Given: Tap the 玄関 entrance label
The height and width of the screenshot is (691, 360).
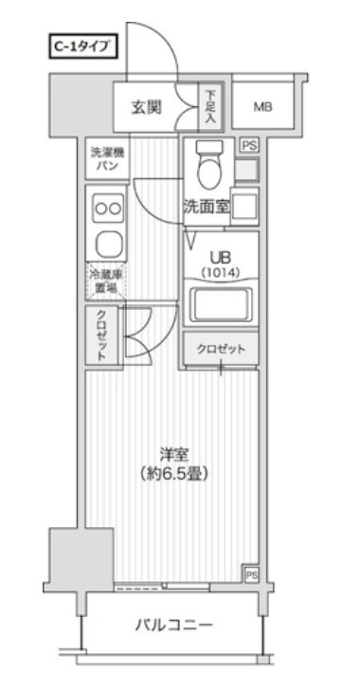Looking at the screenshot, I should pos(146,106).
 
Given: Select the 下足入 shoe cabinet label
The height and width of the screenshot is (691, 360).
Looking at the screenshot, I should pos(210,107).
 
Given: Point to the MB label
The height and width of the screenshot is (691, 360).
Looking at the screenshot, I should pos(262,107).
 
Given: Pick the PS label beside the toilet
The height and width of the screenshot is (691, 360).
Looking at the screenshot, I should pos(248,145).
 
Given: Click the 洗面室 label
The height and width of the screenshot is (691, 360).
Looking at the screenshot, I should pos(206,208).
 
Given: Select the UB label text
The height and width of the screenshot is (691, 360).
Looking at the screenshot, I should pos(220,257).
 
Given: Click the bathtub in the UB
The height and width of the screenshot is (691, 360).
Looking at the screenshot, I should pos(220,305).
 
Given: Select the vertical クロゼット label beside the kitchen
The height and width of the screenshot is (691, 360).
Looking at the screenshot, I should pos(101,335).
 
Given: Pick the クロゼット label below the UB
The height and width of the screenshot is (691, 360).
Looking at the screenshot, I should pos(221,349).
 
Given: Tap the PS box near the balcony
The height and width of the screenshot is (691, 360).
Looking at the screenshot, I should pos(251,574).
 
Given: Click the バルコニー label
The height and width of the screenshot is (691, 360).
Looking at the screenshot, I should pos(172,625).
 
